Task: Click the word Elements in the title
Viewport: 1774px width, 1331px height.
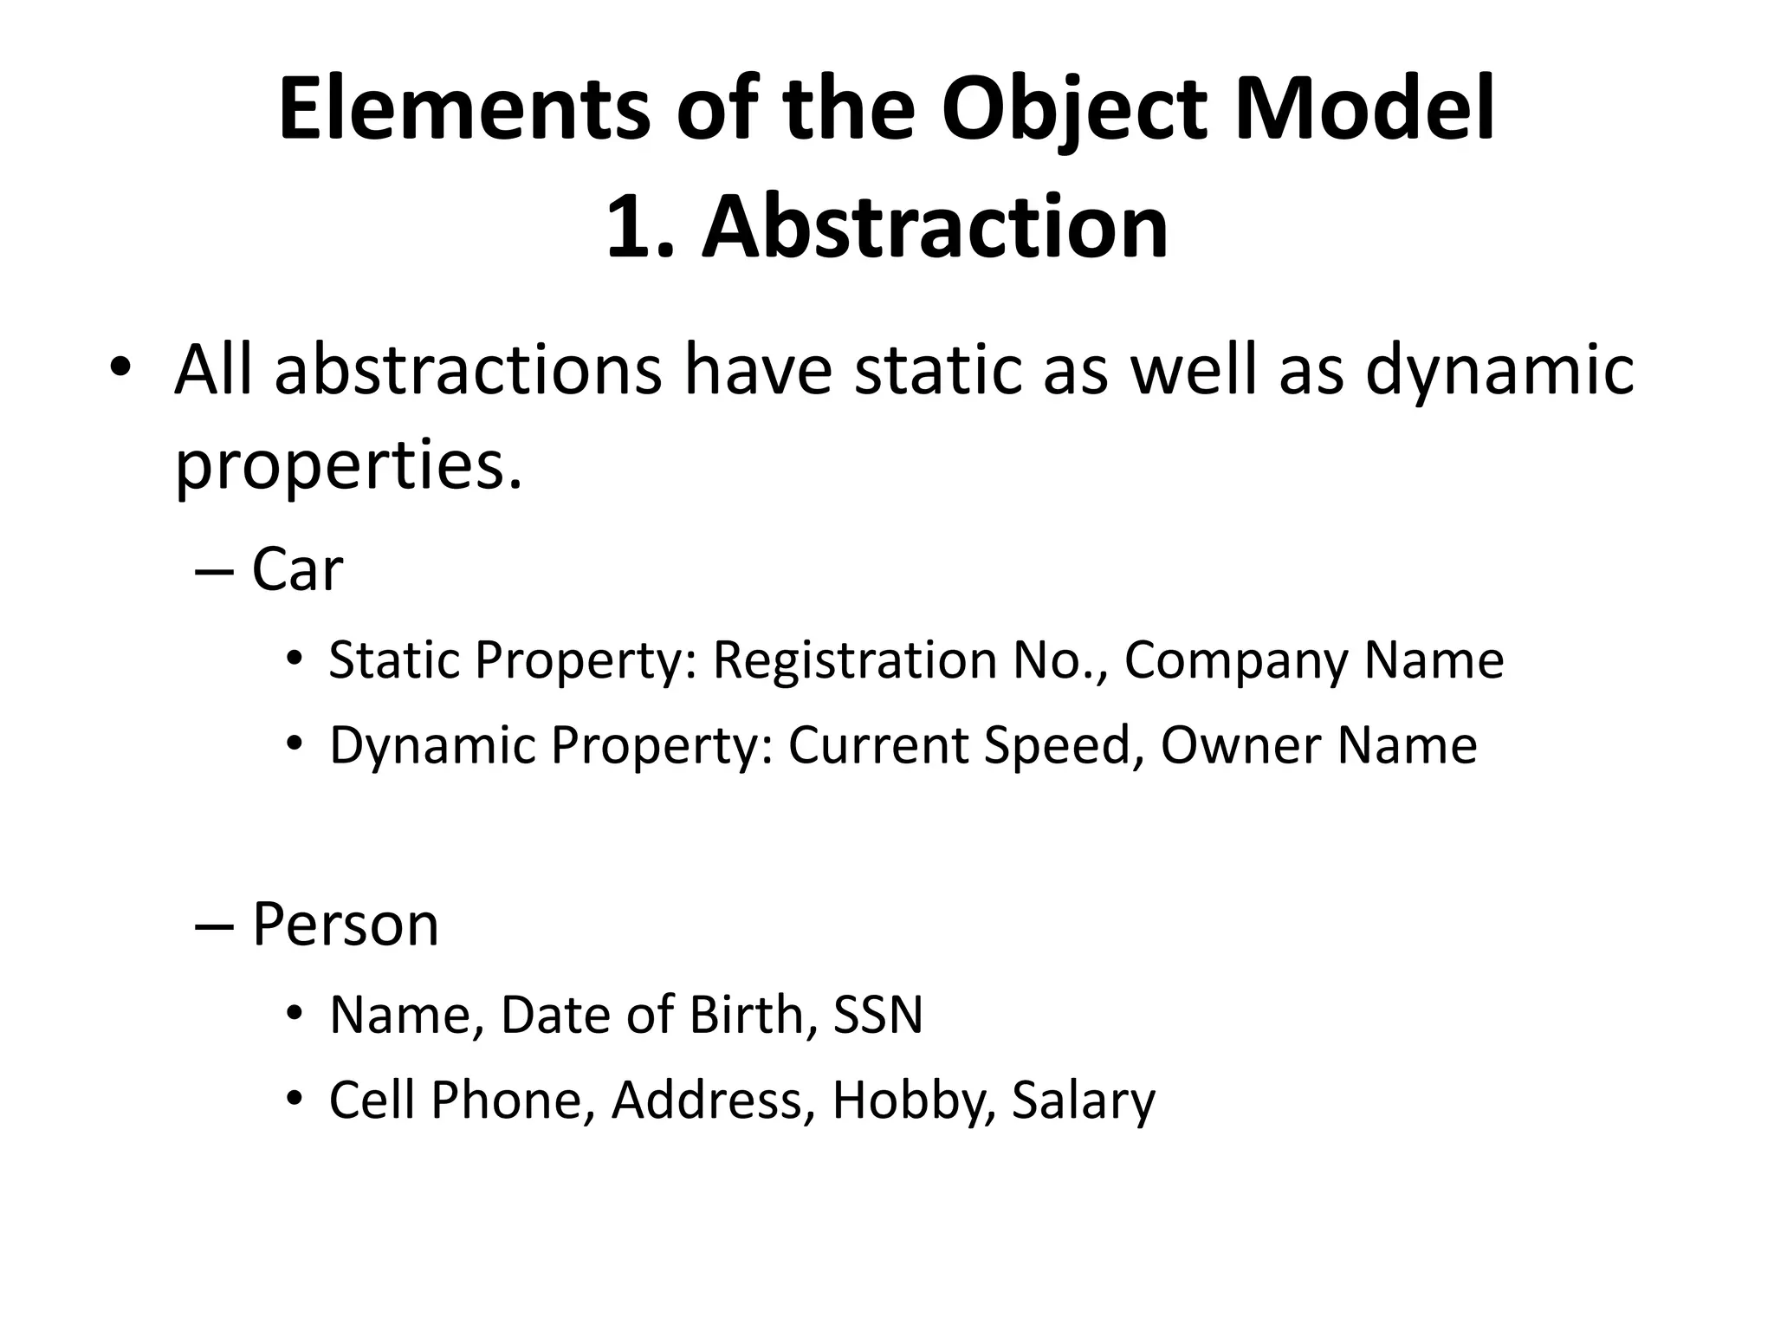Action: tap(463, 110)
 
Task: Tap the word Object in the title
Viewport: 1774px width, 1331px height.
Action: tap(1072, 110)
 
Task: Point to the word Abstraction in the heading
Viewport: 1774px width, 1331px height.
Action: tap(934, 227)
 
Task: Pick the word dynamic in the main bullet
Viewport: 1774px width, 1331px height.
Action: tap(1499, 370)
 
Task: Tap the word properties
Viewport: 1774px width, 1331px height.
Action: tap(349, 465)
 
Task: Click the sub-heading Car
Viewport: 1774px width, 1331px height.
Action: tap(297, 570)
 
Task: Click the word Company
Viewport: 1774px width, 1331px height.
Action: tap(1236, 660)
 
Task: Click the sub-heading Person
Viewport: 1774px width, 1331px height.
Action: tap(345, 925)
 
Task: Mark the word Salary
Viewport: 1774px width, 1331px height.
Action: tap(1083, 1101)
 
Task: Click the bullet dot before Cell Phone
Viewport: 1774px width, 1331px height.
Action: tap(295, 1099)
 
